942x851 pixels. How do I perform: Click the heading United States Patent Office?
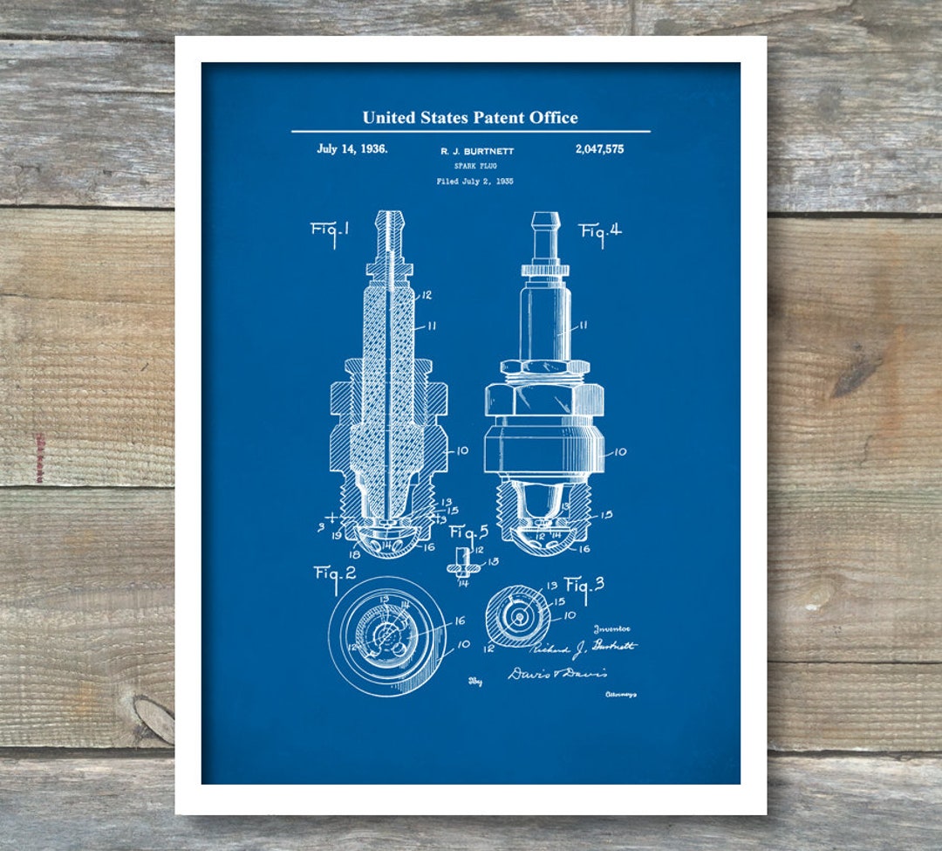click(x=470, y=117)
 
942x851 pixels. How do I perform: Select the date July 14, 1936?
click(x=352, y=148)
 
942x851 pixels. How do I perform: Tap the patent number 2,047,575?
click(x=599, y=149)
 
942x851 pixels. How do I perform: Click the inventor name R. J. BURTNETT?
click(x=477, y=151)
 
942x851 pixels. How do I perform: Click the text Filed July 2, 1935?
click(x=474, y=182)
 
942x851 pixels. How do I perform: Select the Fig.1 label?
click(x=331, y=231)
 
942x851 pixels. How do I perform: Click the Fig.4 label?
click(x=601, y=233)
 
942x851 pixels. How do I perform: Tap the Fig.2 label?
click(x=334, y=573)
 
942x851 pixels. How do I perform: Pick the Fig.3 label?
click(x=584, y=586)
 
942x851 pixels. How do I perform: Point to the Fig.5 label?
click(x=468, y=531)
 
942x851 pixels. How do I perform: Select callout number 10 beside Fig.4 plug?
click(x=619, y=451)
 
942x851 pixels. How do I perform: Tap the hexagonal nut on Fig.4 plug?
click(x=544, y=400)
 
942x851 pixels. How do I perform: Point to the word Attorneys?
click(x=620, y=695)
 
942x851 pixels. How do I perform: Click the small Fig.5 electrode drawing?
click(x=464, y=563)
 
